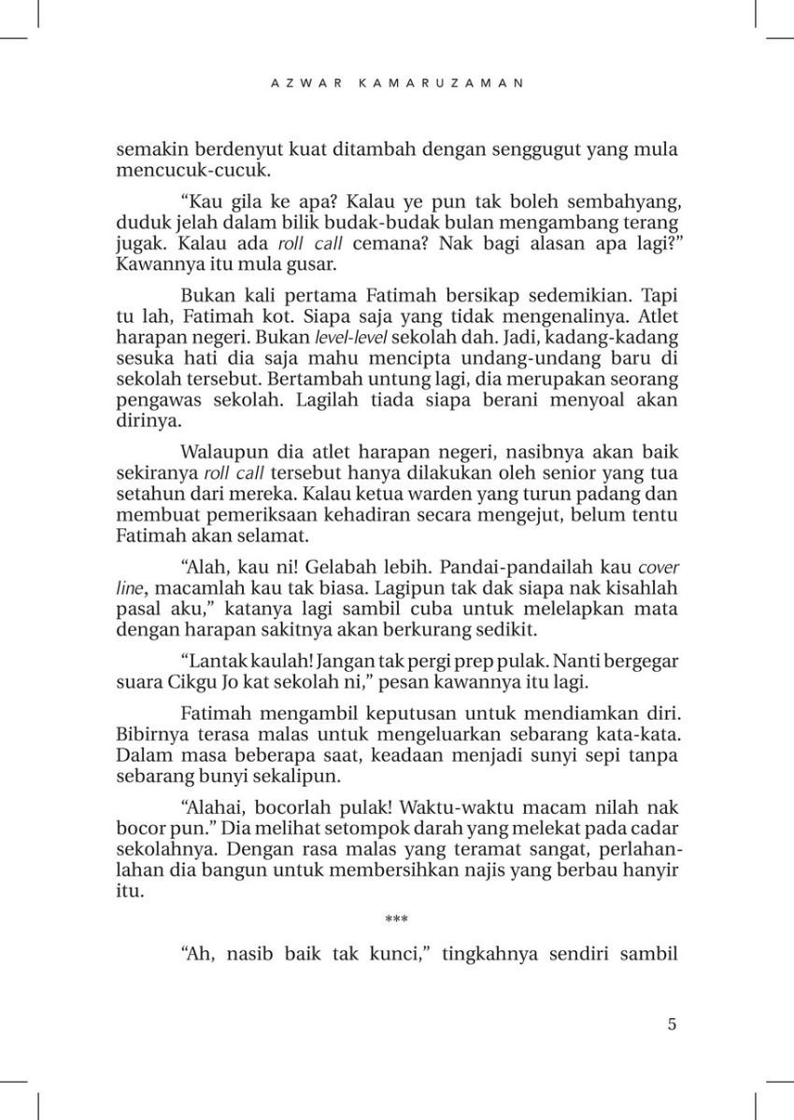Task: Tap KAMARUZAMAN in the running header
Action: (x=441, y=82)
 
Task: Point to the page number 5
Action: (x=673, y=1023)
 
